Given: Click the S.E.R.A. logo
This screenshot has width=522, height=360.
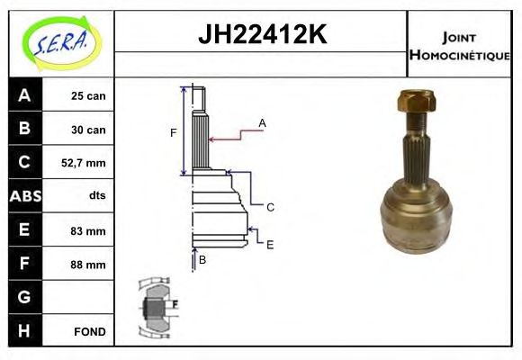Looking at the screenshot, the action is click(x=61, y=43).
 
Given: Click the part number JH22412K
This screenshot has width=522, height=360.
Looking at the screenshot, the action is click(x=262, y=34).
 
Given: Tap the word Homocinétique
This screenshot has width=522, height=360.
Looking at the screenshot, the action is click(x=459, y=55).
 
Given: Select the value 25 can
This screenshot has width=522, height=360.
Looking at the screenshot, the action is click(x=88, y=96).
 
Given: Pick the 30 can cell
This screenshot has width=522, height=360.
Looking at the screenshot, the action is click(x=88, y=130).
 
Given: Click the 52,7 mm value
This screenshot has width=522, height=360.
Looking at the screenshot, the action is click(x=84, y=163).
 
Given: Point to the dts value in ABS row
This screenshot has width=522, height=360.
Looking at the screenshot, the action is click(x=97, y=195).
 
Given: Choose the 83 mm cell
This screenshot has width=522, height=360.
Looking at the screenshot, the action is click(x=88, y=230).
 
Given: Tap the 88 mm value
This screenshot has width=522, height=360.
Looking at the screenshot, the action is click(x=88, y=265).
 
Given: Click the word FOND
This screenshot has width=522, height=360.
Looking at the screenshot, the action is click(x=90, y=332).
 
